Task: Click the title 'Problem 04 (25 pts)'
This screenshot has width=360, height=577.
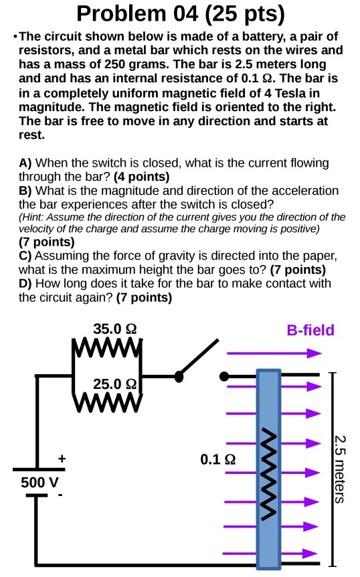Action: (180, 13)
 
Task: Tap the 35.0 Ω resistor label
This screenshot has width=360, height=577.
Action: (115, 329)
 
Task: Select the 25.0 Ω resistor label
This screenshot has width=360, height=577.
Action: (115, 384)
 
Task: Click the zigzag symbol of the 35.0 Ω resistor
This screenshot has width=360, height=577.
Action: (107, 349)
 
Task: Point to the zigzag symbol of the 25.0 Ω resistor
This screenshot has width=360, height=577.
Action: (107, 402)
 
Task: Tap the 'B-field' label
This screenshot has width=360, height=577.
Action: (310, 330)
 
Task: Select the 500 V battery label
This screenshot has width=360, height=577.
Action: (39, 482)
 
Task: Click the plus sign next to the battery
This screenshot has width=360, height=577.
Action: (62, 459)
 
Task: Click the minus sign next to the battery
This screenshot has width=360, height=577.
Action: (60, 496)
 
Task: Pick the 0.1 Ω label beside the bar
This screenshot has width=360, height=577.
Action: (217, 460)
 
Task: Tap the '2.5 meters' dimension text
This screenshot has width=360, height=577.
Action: (340, 469)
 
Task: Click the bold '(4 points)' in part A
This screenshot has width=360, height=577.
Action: (141, 177)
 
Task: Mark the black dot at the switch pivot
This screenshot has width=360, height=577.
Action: (179, 377)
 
